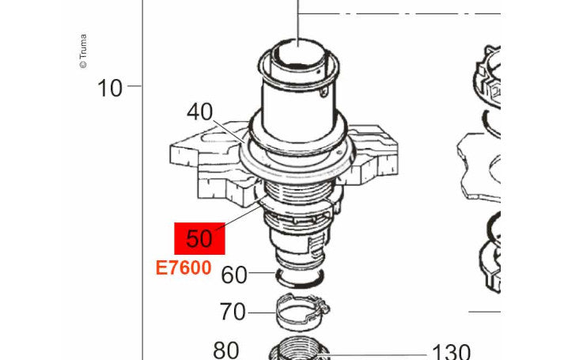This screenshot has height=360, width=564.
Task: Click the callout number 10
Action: (x=110, y=88)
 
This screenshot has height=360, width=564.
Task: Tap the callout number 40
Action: (x=199, y=112)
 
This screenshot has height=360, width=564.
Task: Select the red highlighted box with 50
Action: (x=199, y=238)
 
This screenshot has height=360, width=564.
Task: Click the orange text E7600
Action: (x=184, y=268)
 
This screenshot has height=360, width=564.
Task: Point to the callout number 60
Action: (x=234, y=275)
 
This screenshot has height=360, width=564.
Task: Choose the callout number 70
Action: (x=233, y=312)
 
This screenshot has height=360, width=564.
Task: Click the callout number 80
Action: (x=226, y=351)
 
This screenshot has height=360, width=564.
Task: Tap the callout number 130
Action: (x=451, y=352)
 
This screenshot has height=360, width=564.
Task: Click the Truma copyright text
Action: (x=83, y=51)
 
